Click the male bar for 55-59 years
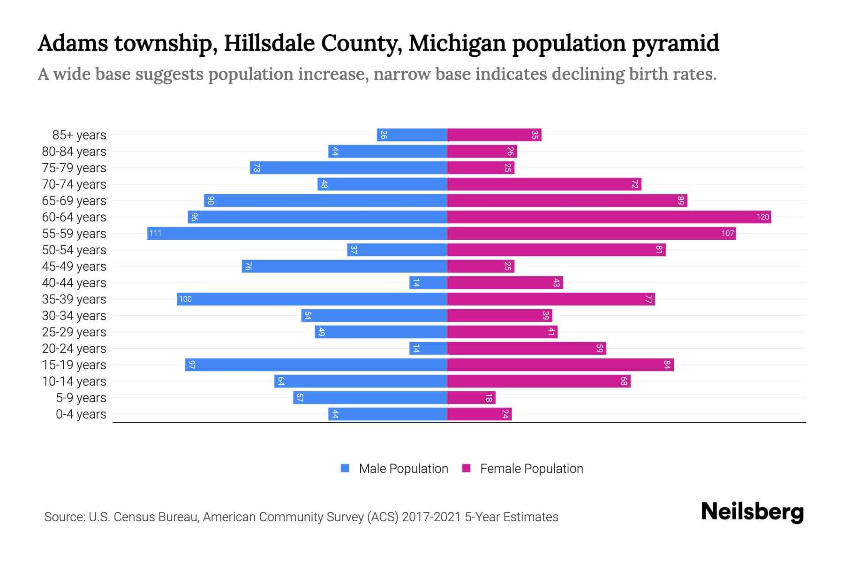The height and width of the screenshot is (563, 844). [x=297, y=233]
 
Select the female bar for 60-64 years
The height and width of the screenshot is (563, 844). [x=609, y=217]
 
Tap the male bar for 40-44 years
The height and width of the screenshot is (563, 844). [x=428, y=282]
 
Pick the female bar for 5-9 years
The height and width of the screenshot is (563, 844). [x=471, y=397]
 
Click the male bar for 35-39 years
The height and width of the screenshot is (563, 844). [x=312, y=299]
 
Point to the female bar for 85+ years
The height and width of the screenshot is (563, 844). [x=494, y=135]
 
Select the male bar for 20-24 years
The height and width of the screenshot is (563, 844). [x=428, y=348]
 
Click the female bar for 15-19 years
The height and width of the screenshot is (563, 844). [x=560, y=365]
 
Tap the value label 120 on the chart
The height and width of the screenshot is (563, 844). [x=762, y=217]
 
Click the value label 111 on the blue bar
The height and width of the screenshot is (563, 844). [x=155, y=233]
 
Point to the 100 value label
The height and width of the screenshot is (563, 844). [x=185, y=299]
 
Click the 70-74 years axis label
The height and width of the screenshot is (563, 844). [x=74, y=184]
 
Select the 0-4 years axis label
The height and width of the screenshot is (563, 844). [x=81, y=414]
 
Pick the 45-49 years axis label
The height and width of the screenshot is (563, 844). [x=74, y=266]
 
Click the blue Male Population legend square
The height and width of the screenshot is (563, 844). [x=345, y=468]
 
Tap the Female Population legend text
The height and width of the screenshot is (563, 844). [x=531, y=468]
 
